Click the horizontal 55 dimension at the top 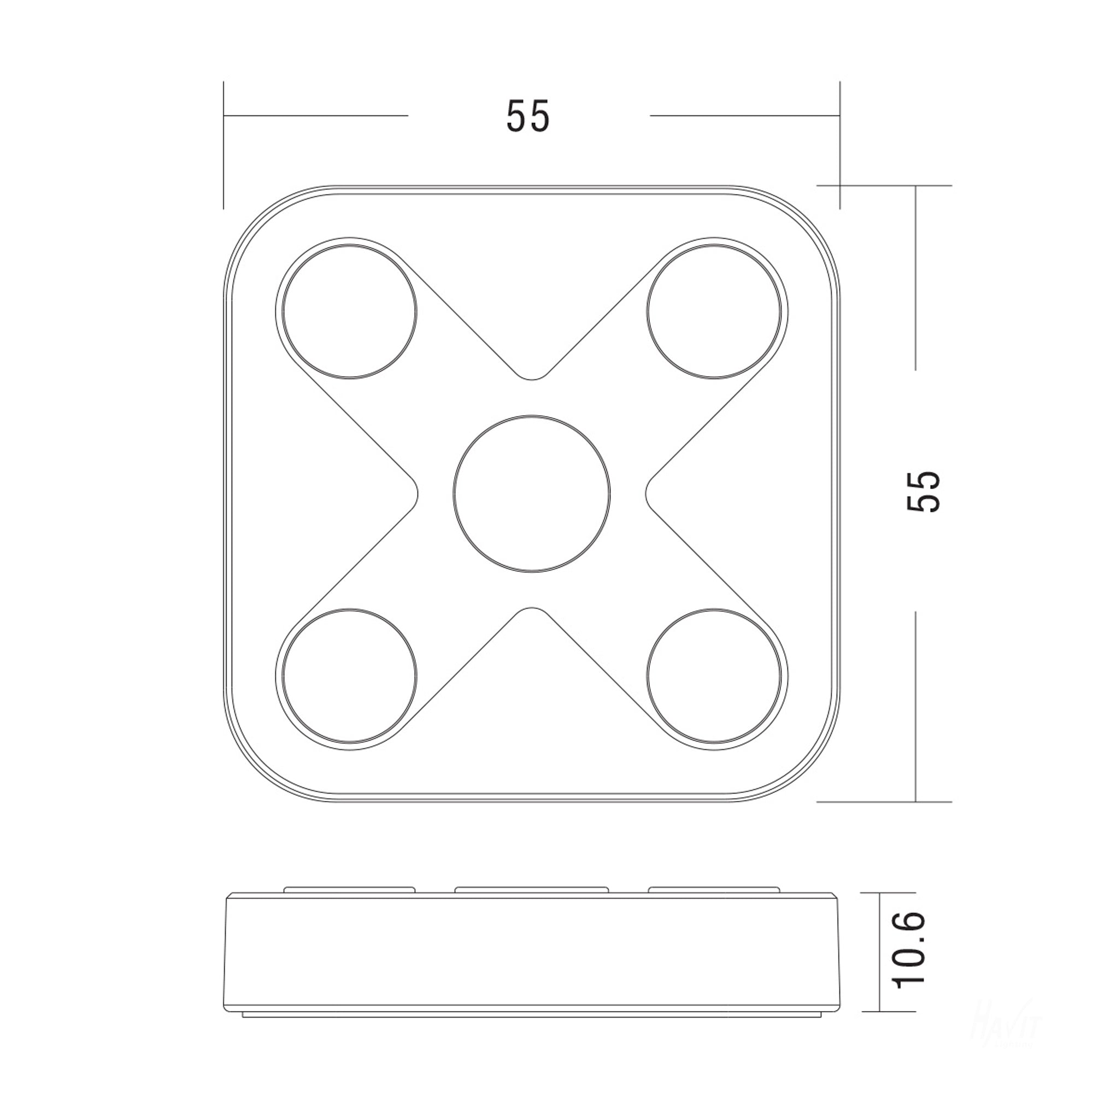point(527,116)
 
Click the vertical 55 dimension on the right point(924,491)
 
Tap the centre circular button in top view point(532,494)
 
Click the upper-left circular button point(350,311)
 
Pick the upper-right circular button point(714,311)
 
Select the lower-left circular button point(350,676)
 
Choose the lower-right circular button point(714,676)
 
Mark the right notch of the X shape point(648,494)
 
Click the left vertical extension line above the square point(224,145)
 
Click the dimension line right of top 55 point(744,115)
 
